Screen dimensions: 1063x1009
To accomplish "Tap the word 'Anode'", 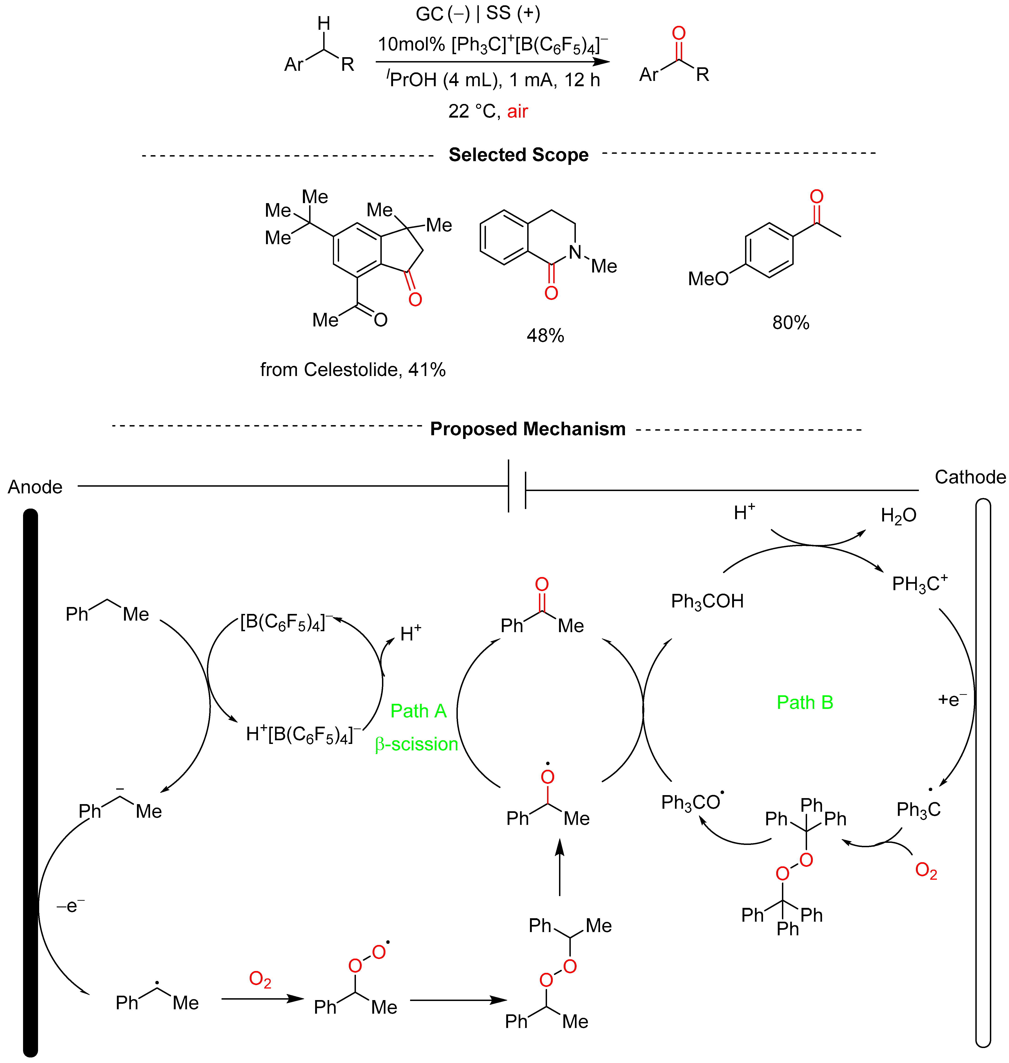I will click(x=35, y=487).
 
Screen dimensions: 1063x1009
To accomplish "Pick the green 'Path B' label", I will click(x=805, y=702).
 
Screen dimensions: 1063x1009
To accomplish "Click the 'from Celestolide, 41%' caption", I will click(x=353, y=370).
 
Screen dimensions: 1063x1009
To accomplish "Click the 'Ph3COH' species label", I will click(x=707, y=601).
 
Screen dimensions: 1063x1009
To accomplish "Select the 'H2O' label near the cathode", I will click(x=898, y=515).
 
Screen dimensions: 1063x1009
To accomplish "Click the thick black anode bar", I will click(x=31, y=780).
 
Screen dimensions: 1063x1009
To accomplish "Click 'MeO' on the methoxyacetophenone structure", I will click(x=708, y=279).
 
